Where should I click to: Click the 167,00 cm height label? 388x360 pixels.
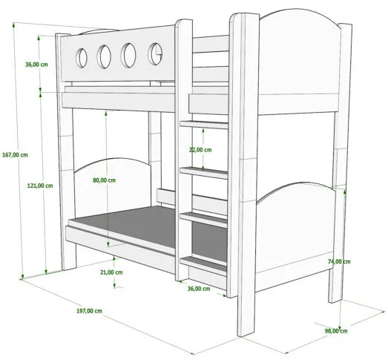(15, 155)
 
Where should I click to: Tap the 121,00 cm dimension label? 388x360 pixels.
(40, 186)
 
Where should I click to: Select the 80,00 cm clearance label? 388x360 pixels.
(104, 180)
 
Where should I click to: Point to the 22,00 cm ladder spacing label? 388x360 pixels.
(200, 150)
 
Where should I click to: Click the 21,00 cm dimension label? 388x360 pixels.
(111, 272)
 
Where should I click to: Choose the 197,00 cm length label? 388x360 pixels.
(89, 311)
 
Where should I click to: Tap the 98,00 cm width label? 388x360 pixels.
(336, 331)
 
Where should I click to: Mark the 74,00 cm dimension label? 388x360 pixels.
(339, 261)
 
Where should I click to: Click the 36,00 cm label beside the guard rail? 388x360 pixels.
(36, 65)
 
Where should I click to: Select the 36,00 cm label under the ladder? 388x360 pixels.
(199, 289)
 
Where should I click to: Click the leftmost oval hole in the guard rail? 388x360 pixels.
(82, 58)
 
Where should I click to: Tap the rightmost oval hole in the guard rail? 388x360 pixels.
(155, 53)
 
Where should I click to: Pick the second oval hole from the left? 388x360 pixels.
(104, 56)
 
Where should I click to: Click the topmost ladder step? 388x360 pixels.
(204, 125)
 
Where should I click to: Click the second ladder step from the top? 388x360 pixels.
(204, 172)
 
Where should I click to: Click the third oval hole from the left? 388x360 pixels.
(128, 55)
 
